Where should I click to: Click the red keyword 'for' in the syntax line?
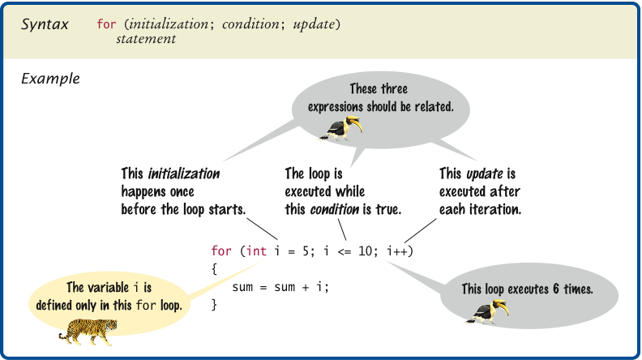[106, 24]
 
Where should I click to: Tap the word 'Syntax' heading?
[45, 24]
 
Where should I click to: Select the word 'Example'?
[50, 78]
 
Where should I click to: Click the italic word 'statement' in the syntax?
[146, 39]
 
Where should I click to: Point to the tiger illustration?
[88, 331]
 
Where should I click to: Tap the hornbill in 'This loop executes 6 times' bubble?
[488, 311]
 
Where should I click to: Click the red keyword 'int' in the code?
[257, 251]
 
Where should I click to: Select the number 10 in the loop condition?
[366, 251]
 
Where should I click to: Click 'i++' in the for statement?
[397, 251]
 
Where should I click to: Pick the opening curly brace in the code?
[214, 269]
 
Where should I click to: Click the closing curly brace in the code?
[214, 305]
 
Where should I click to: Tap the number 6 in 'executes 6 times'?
[555, 289]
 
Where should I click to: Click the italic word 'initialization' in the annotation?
[183, 174]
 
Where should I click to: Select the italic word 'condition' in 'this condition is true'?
[334, 209]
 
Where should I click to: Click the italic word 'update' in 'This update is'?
[485, 174]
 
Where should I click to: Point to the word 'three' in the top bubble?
[394, 89]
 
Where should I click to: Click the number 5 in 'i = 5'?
[306, 251]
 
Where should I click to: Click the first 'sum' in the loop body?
[242, 287]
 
